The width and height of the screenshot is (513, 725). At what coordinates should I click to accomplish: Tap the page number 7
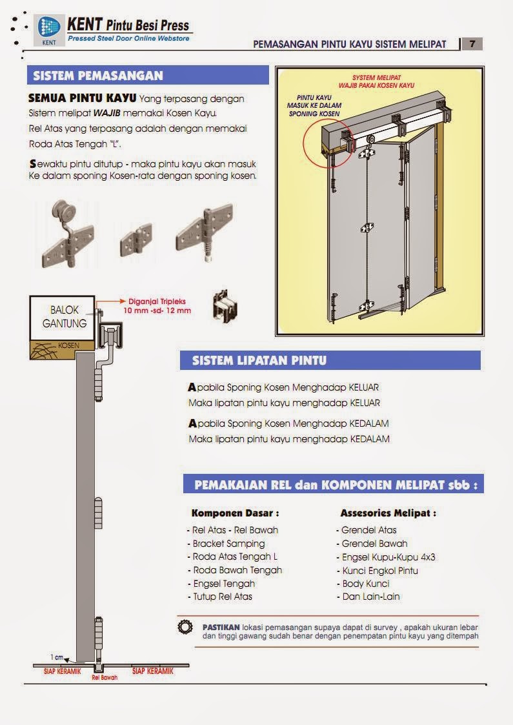coord(472,44)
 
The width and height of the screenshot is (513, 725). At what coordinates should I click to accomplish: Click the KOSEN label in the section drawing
coord(68,345)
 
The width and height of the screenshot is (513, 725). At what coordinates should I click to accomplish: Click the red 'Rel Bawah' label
coord(105,678)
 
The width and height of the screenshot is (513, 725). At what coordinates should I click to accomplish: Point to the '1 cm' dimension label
coord(57,657)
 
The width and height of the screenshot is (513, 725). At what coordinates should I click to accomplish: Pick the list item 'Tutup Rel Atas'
coord(222,597)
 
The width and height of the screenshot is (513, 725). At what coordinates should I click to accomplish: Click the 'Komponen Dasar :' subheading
coord(235,514)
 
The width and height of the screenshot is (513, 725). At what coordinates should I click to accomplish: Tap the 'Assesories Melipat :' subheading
coord(388,514)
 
